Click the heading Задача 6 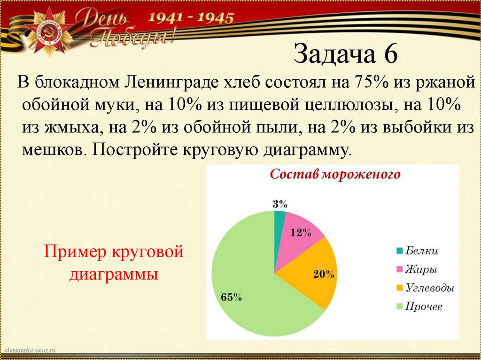346,54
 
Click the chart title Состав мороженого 334,175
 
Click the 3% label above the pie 280,203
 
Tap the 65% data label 231,297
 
